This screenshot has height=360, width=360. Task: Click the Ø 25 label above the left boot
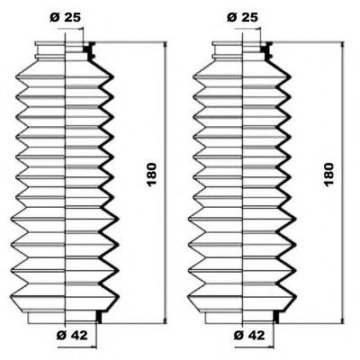tap(65, 18)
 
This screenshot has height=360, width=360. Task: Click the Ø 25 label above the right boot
tap(242, 18)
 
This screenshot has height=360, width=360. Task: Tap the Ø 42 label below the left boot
tap(72, 335)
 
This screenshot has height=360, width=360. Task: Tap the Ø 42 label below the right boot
tap(249, 335)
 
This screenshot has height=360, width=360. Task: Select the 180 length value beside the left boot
tap(152, 175)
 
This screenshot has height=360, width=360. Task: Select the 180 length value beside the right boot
tap(329, 175)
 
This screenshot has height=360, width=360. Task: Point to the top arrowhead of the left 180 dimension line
tap(165, 46)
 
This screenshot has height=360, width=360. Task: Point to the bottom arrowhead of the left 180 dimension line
tap(165, 320)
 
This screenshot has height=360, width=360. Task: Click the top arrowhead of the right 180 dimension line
tap(342, 46)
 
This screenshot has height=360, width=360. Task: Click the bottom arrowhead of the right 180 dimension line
tap(342, 320)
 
